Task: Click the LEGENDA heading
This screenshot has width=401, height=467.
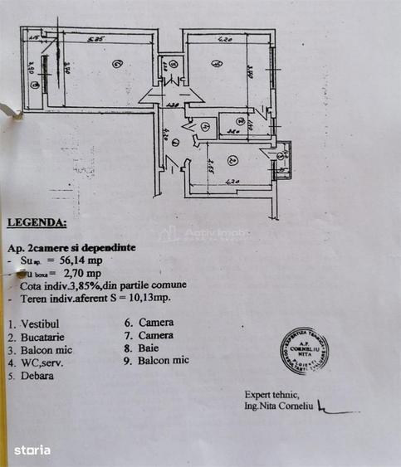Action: pyautogui.click(x=37, y=222)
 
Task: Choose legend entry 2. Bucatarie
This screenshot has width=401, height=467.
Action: pyautogui.click(x=37, y=338)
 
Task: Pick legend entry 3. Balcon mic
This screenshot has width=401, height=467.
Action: pyautogui.click(x=40, y=350)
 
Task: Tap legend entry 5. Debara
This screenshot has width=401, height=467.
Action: pyautogui.click(x=31, y=376)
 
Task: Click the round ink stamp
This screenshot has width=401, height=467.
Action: pyautogui.click(x=304, y=349)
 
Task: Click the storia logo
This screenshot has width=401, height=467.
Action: pyautogui.click(x=32, y=450)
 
